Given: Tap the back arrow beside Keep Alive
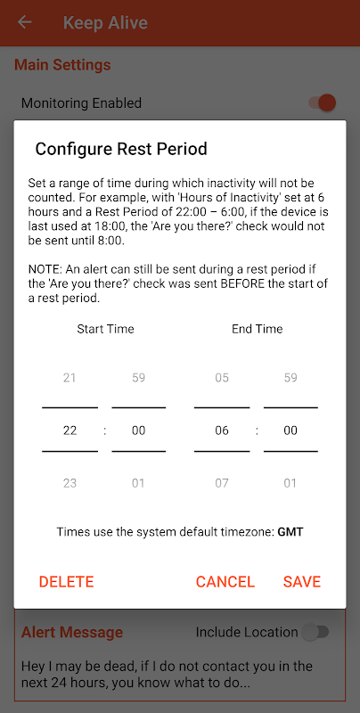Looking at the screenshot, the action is (x=25, y=21).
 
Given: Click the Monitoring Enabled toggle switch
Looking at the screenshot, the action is (x=323, y=102).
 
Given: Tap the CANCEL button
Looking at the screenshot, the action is (x=225, y=582).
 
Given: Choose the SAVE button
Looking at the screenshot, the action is (x=302, y=582).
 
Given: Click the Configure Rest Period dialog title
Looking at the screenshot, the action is (x=121, y=149).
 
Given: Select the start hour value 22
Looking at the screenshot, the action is (x=70, y=430).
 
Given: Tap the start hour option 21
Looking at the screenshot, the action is (x=70, y=377).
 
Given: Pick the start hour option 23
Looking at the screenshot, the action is (x=70, y=483).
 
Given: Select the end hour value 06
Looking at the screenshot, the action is (x=222, y=430).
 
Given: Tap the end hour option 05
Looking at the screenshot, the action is (x=222, y=377).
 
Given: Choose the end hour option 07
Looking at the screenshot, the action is (x=222, y=483).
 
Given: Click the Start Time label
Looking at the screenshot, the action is (x=105, y=329).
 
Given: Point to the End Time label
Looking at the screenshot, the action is (x=258, y=329).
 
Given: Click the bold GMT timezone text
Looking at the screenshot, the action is (x=290, y=531).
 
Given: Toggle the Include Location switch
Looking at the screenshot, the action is (x=316, y=632).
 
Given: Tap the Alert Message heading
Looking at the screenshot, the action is (x=72, y=632).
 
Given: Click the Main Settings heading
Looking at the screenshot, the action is (x=62, y=64).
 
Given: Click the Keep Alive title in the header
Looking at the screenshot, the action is (x=105, y=22).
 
